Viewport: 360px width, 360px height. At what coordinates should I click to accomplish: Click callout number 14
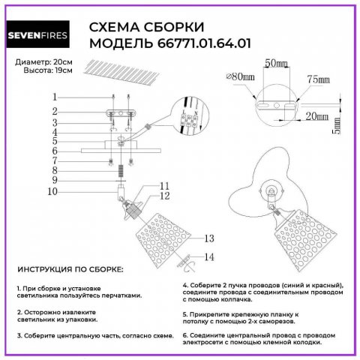(209, 257)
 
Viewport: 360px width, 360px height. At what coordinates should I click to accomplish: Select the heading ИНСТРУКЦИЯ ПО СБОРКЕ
(70, 269)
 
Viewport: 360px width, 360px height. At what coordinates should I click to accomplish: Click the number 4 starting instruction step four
(184, 286)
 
